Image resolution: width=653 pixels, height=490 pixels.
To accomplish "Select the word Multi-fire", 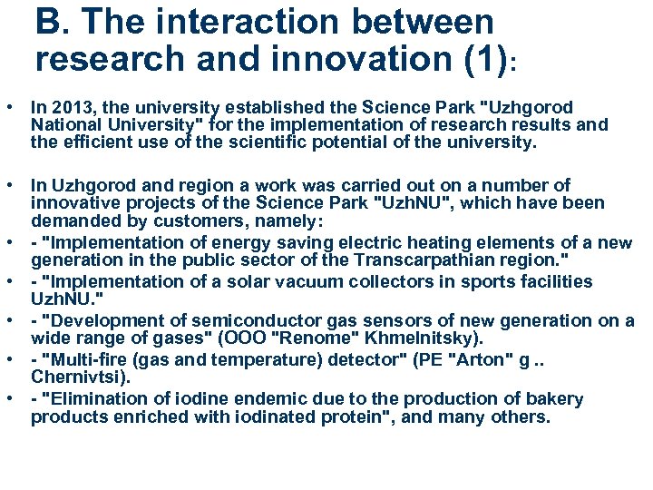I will [x=89, y=359].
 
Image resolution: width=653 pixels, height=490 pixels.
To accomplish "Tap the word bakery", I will [x=560, y=399].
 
